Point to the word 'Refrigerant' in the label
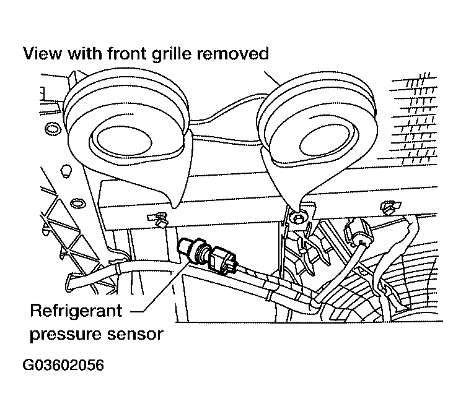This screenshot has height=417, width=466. pyautogui.click(x=76, y=310)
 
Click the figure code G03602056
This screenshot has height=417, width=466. pyautogui.click(x=63, y=365)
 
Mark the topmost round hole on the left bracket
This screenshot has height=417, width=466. pyautogui.click(x=53, y=129)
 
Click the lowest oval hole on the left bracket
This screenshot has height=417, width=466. pyautogui.click(x=77, y=203)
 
